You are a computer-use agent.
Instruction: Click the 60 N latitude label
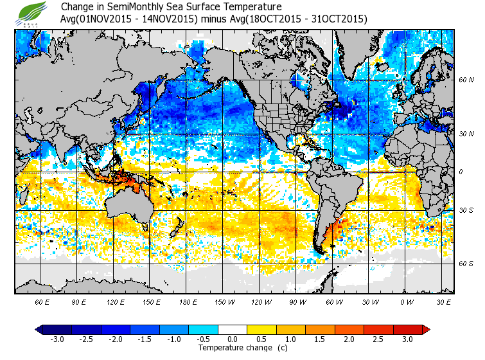pos(466,80)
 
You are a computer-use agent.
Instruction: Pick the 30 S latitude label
pos(466,210)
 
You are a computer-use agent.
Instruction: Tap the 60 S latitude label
pos(466,264)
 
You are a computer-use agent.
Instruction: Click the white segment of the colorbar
pos(233,330)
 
